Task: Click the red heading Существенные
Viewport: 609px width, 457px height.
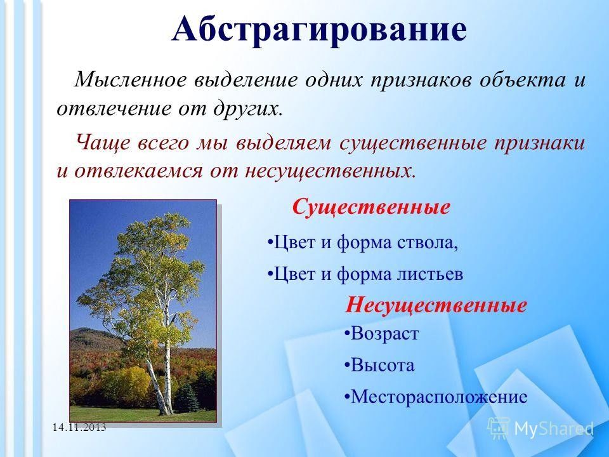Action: pyautogui.click(x=371, y=207)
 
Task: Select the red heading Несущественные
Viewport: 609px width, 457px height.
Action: pyautogui.click(x=436, y=305)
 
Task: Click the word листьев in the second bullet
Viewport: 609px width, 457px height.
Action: pyautogui.click(x=430, y=274)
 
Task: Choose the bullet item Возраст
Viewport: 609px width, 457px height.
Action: pyautogui.click(x=381, y=333)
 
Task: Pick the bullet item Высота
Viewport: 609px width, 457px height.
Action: pyautogui.click(x=379, y=366)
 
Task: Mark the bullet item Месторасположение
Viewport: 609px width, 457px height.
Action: pyautogui.click(x=435, y=397)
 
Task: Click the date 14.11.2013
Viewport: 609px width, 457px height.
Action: pyautogui.click(x=79, y=427)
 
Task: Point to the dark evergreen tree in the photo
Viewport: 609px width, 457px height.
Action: pyautogui.click(x=186, y=398)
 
